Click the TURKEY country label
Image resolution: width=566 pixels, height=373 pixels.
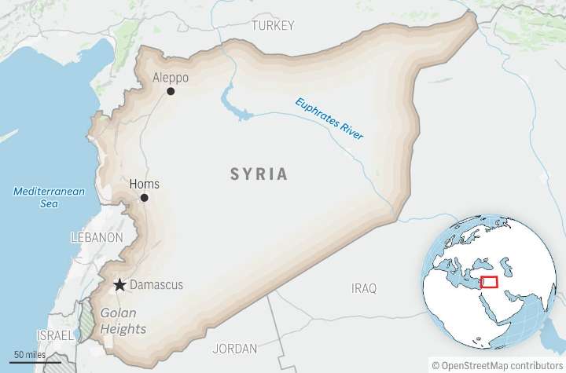tap(273, 26)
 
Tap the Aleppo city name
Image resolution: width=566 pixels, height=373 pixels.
tap(170, 78)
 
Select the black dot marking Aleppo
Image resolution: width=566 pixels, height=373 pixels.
tap(171, 91)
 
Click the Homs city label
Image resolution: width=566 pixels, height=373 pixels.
tap(144, 185)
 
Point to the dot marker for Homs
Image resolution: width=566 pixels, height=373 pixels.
tap(144, 198)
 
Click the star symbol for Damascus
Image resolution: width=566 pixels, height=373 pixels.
tap(119, 285)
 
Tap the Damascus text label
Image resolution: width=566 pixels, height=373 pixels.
tap(156, 285)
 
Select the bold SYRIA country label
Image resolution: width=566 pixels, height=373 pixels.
tap(259, 174)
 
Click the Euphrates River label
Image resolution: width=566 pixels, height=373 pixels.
tap(329, 119)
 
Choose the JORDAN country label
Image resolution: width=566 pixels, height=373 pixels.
tap(234, 348)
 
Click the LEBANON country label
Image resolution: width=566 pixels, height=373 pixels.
tap(97, 237)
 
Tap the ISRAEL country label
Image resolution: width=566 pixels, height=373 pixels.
tap(56, 335)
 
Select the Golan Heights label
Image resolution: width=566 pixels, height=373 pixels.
tap(123, 321)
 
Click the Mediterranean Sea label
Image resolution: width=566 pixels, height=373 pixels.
tap(38, 197)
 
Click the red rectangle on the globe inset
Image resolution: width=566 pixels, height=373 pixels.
tap(489, 282)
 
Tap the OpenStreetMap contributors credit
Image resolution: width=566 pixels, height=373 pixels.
tap(497, 365)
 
